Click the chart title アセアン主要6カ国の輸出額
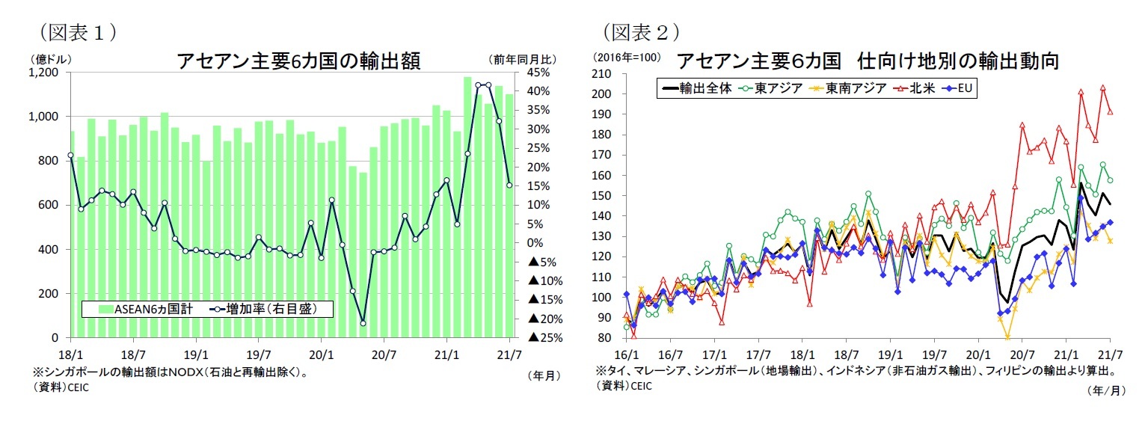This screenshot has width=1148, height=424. click(298, 61)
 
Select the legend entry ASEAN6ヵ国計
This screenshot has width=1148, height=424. click(143, 308)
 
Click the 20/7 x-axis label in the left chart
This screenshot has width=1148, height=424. click(384, 354)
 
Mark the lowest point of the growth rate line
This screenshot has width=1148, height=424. click(363, 323)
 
